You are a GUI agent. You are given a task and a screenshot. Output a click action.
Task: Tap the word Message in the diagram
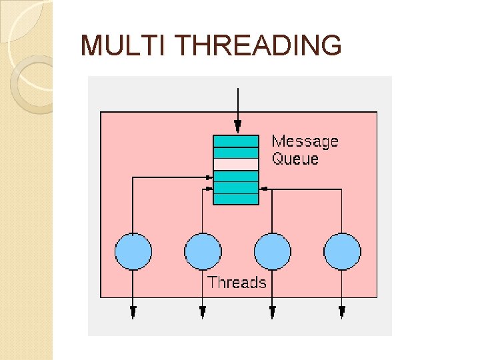(x=305, y=141)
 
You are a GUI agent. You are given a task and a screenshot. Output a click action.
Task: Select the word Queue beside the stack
(x=295, y=159)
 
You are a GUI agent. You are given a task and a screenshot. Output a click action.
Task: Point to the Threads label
(x=237, y=282)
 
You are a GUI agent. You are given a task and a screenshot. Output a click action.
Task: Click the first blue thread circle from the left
(x=133, y=251)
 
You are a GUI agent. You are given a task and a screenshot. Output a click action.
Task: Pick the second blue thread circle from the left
(x=203, y=251)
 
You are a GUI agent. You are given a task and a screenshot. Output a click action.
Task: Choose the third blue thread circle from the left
(x=273, y=251)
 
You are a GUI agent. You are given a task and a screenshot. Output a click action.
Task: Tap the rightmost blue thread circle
(x=342, y=251)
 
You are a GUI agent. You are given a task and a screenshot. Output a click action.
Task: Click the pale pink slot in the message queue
(x=235, y=164)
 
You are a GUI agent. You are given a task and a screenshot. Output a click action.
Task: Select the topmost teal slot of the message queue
(x=235, y=141)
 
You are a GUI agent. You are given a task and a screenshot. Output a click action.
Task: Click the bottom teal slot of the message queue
(x=235, y=199)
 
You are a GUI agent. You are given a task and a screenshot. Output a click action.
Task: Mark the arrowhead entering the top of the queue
(x=237, y=127)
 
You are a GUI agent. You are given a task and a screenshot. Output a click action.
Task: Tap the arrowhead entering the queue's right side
(x=263, y=189)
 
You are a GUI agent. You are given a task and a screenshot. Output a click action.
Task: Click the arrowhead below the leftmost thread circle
(x=133, y=311)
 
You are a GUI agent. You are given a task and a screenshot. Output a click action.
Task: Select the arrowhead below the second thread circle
(x=203, y=311)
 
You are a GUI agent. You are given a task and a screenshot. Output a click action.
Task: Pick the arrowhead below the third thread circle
(x=273, y=311)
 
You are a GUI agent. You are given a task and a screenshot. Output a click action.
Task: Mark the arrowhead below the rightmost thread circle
(x=342, y=311)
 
